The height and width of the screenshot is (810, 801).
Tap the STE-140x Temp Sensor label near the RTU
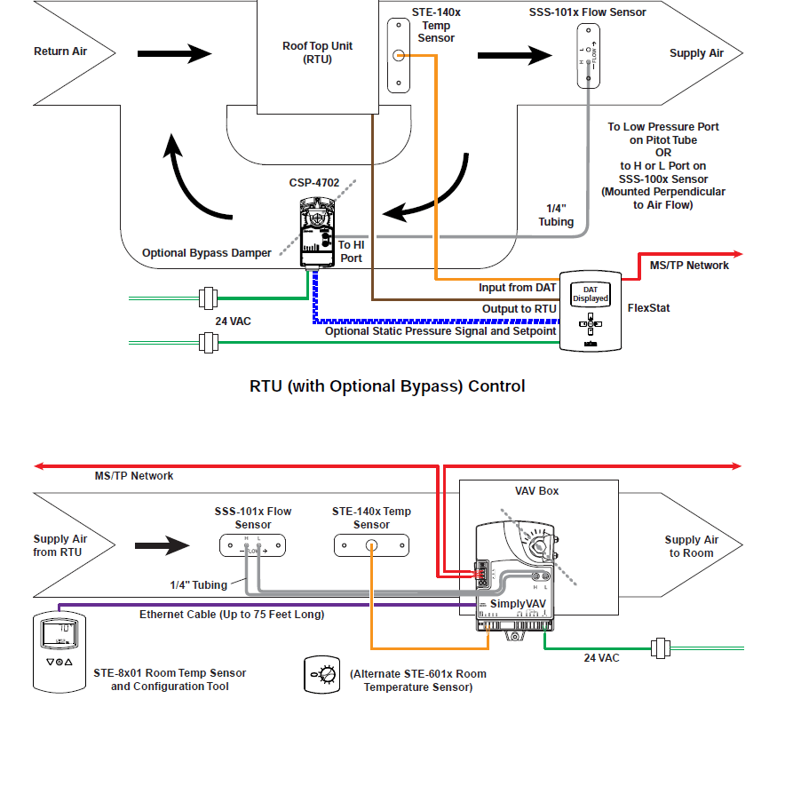[435, 26]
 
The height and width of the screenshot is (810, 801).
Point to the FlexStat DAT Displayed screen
[591, 294]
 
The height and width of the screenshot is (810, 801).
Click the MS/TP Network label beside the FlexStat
[689, 265]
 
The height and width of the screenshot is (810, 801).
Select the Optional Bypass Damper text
[207, 253]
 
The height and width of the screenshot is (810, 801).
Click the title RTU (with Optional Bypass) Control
[387, 386]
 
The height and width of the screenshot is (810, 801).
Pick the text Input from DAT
[517, 287]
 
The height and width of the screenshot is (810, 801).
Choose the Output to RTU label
[519, 309]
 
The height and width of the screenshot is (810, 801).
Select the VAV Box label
[537, 490]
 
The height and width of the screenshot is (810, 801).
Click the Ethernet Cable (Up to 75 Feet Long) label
[232, 614]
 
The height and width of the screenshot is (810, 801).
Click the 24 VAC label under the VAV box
[601, 658]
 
